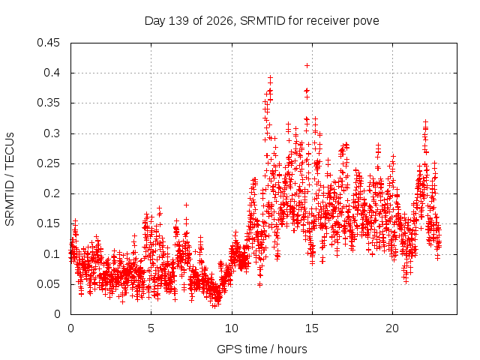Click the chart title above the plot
click(262, 21)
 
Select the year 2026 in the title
click(219, 21)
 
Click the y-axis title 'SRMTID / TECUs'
click(10, 179)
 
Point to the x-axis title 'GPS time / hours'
click(262, 349)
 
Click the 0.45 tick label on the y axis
click(48, 43)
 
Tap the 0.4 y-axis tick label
click(52, 73)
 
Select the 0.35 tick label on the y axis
click(48, 103)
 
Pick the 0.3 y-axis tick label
click(52, 133)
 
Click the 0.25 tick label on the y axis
click(48, 163)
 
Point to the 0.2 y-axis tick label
click(52, 193)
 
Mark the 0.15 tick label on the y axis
click(48, 223)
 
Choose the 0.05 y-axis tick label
click(48, 284)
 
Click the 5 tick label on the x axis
click(151, 328)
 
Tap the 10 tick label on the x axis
click(232, 328)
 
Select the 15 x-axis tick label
click(312, 328)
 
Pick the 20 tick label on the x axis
click(392, 328)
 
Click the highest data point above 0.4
click(307, 65)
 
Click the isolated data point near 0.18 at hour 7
click(186, 205)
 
